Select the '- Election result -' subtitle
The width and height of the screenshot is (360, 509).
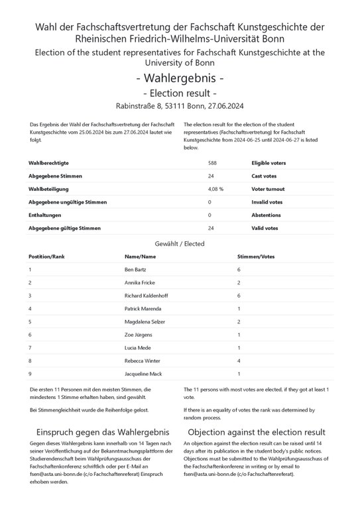180,93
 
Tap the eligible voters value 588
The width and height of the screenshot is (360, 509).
212,162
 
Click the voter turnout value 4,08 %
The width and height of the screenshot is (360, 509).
215,189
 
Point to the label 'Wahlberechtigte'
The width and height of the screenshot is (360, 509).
48,162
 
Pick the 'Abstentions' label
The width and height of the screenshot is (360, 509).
266,215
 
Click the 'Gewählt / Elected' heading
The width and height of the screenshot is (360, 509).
180,243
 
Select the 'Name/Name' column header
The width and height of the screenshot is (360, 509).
140,256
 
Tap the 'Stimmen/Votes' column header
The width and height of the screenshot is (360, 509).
255,256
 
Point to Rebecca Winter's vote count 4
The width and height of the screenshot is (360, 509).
239,361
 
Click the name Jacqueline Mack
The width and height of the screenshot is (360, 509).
143,374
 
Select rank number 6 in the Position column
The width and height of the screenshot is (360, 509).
30,335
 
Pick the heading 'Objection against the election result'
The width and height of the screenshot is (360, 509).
257,432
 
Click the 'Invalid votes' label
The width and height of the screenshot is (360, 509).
267,202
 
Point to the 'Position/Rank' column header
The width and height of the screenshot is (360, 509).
46,256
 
